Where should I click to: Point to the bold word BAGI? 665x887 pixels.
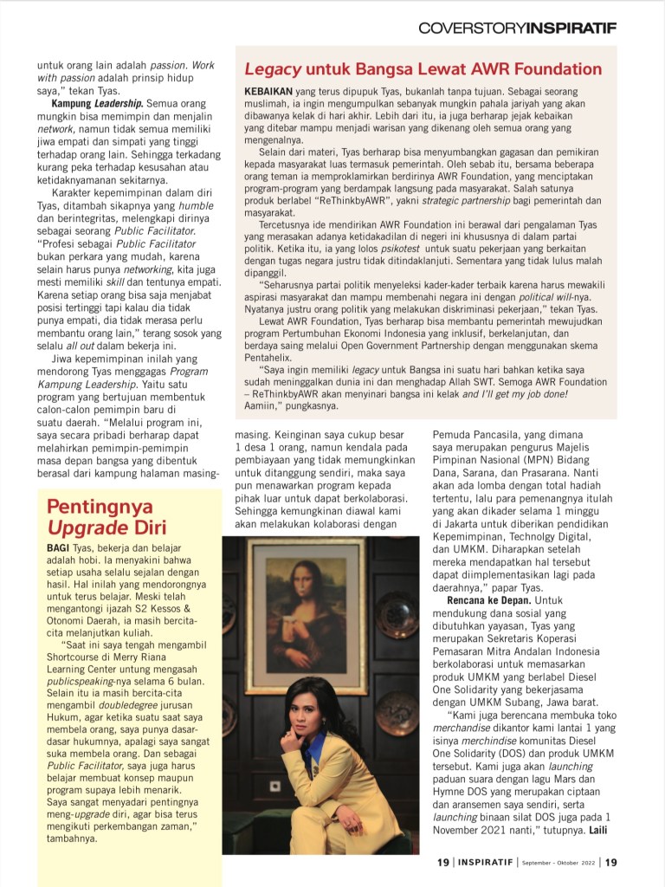click(58, 549)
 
